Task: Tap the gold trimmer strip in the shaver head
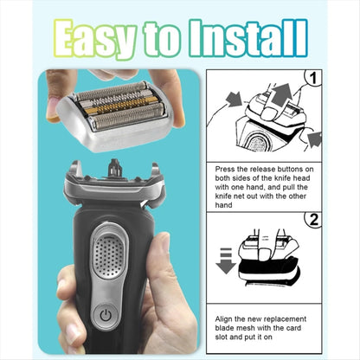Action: [113, 109]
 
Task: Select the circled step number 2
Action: [313, 220]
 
